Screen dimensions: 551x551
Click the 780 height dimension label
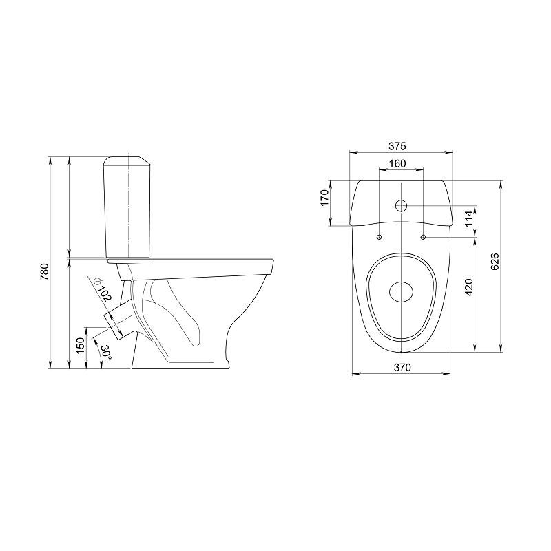[x=44, y=271]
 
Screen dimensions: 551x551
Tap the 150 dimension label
[x=81, y=346]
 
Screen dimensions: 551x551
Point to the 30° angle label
[x=106, y=352]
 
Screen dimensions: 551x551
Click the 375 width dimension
[x=397, y=146]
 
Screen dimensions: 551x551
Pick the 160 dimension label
[x=397, y=164]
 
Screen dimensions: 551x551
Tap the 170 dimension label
[x=324, y=198]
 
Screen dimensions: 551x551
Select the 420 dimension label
[x=469, y=287]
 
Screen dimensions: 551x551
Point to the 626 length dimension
[x=495, y=262]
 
